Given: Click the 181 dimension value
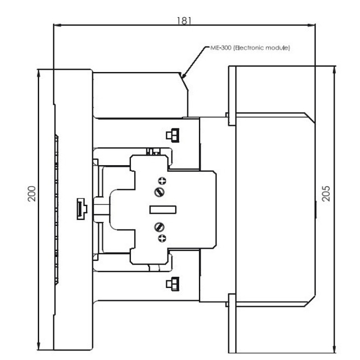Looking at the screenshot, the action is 184,21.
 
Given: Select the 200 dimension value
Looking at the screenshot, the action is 31,194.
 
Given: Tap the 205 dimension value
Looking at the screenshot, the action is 326,194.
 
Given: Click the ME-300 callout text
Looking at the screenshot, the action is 250,48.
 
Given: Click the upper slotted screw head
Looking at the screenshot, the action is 159,192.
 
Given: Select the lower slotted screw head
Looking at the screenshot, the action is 159,227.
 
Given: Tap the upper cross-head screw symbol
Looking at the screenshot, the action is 162,181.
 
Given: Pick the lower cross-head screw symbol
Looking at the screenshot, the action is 162,238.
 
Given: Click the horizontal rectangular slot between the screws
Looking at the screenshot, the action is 163,210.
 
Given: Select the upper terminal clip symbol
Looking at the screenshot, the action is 173,135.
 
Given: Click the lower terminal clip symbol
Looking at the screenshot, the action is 173,284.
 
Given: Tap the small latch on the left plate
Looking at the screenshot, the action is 82,209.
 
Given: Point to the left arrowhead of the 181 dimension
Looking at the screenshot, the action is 57,25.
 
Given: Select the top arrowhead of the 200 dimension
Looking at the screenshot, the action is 39,73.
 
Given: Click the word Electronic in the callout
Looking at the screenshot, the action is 250,48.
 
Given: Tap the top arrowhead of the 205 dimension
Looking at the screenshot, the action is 334,70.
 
